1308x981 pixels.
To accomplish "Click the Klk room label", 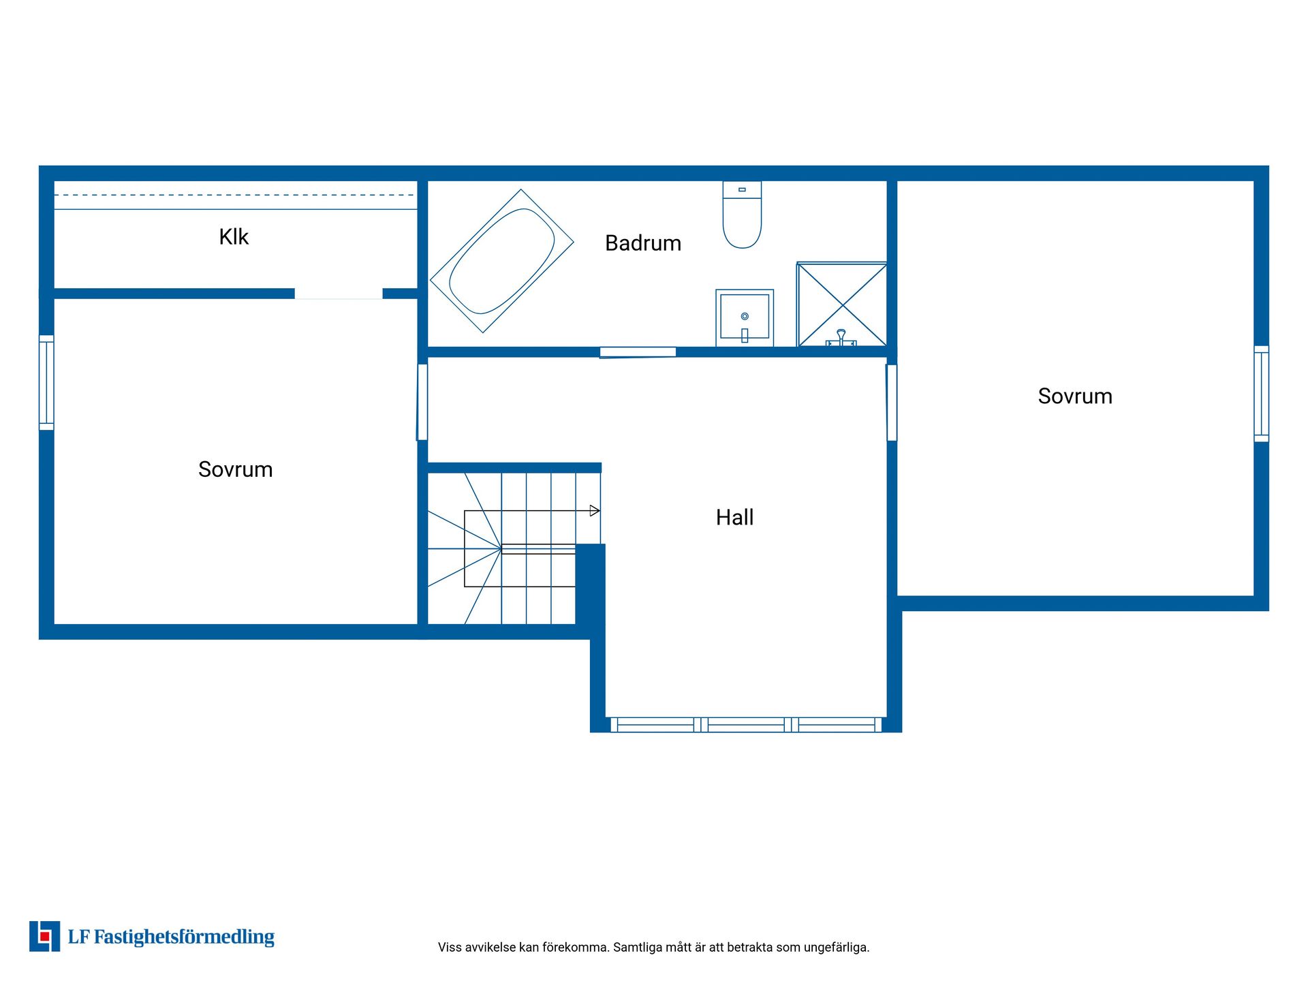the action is click(x=234, y=237).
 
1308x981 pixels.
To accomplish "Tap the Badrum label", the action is click(x=643, y=243).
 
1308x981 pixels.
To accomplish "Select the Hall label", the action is click(x=734, y=518).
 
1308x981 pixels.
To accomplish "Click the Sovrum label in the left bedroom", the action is click(x=235, y=469).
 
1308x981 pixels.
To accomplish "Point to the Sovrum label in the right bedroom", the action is click(x=1075, y=396).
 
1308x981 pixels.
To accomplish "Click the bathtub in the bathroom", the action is click(x=502, y=261).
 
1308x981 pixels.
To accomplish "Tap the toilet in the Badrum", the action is click(x=742, y=215).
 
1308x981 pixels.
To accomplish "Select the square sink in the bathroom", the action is click(x=745, y=317).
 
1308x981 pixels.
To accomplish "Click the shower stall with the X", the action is click(x=842, y=305).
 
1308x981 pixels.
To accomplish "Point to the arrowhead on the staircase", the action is click(x=595, y=511).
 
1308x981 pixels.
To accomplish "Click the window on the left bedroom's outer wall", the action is click(x=46, y=382).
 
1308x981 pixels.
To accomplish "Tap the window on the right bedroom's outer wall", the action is click(x=1262, y=394).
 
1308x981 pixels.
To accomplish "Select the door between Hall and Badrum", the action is click(x=638, y=352).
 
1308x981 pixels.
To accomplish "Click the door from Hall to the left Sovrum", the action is click(x=422, y=402).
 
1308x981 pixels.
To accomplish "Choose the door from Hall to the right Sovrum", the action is click(x=892, y=403).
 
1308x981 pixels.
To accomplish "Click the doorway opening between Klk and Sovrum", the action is click(x=339, y=294).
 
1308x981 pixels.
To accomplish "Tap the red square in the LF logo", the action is click(x=45, y=937).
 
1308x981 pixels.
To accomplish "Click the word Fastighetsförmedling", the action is click(x=184, y=937).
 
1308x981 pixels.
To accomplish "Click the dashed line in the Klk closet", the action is click(x=235, y=196).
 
